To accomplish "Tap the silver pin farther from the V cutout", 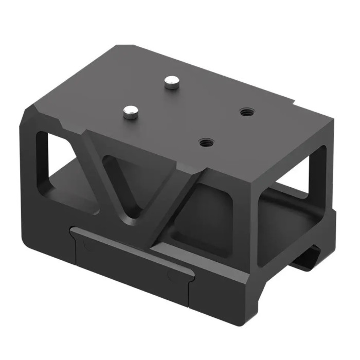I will pyautogui.click(x=170, y=81).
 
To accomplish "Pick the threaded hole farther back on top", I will pyautogui.click(x=245, y=111).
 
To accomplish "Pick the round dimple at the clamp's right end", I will pyautogui.click(x=171, y=275).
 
